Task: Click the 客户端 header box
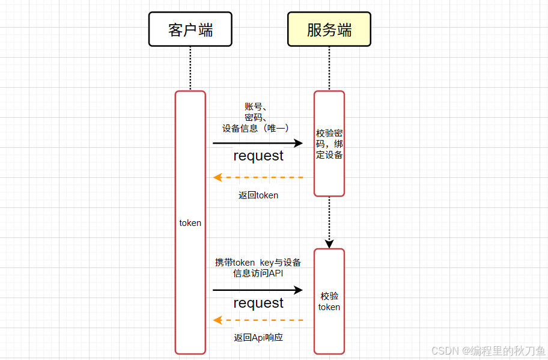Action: [x=190, y=29]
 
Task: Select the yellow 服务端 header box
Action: [x=329, y=29]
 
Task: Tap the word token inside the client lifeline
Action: [x=190, y=223]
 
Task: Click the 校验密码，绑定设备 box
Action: [x=329, y=144]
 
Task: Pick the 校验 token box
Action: [x=329, y=301]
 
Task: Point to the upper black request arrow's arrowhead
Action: [x=298, y=143]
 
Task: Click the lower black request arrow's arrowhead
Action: [x=298, y=290]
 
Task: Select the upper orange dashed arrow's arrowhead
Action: [x=218, y=177]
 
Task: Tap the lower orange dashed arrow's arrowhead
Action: [x=218, y=320]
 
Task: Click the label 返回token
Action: [x=258, y=195]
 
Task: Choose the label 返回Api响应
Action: [x=258, y=338]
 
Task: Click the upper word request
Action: [x=258, y=156]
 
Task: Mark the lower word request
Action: [x=258, y=304]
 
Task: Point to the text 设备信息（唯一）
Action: [x=256, y=128]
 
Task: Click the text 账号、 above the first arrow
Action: [x=256, y=107]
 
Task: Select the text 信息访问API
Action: [x=258, y=273]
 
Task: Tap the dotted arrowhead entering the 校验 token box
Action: [x=329, y=244]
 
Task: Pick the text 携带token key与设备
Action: [x=258, y=263]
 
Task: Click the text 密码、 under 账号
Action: [x=256, y=117]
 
